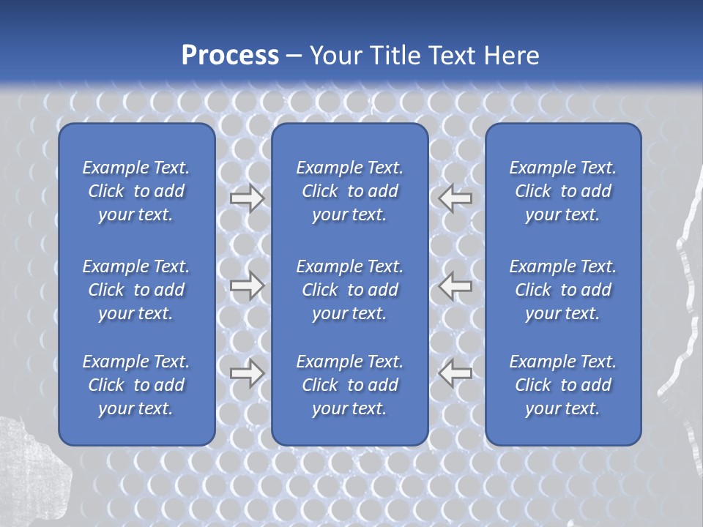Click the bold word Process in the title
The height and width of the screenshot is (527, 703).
point(230,56)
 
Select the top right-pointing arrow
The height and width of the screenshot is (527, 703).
point(248,198)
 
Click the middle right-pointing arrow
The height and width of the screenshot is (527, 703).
point(248,285)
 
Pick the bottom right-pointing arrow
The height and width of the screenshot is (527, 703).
point(248,373)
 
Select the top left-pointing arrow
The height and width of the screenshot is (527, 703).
point(455,198)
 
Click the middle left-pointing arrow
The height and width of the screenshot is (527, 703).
point(455,285)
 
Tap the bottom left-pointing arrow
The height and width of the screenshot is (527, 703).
point(455,373)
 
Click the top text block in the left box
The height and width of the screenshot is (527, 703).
point(136,191)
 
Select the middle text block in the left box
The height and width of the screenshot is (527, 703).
point(136,290)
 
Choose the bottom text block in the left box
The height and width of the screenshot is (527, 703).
point(136,385)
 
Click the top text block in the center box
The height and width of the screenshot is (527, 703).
point(349,191)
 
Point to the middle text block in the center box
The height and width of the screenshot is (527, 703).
point(349,290)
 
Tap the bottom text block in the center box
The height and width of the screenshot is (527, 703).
point(349,385)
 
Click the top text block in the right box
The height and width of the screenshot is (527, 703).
point(562,191)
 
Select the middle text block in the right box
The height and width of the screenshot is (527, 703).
point(562,290)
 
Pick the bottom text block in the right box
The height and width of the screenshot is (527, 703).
point(562,385)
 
